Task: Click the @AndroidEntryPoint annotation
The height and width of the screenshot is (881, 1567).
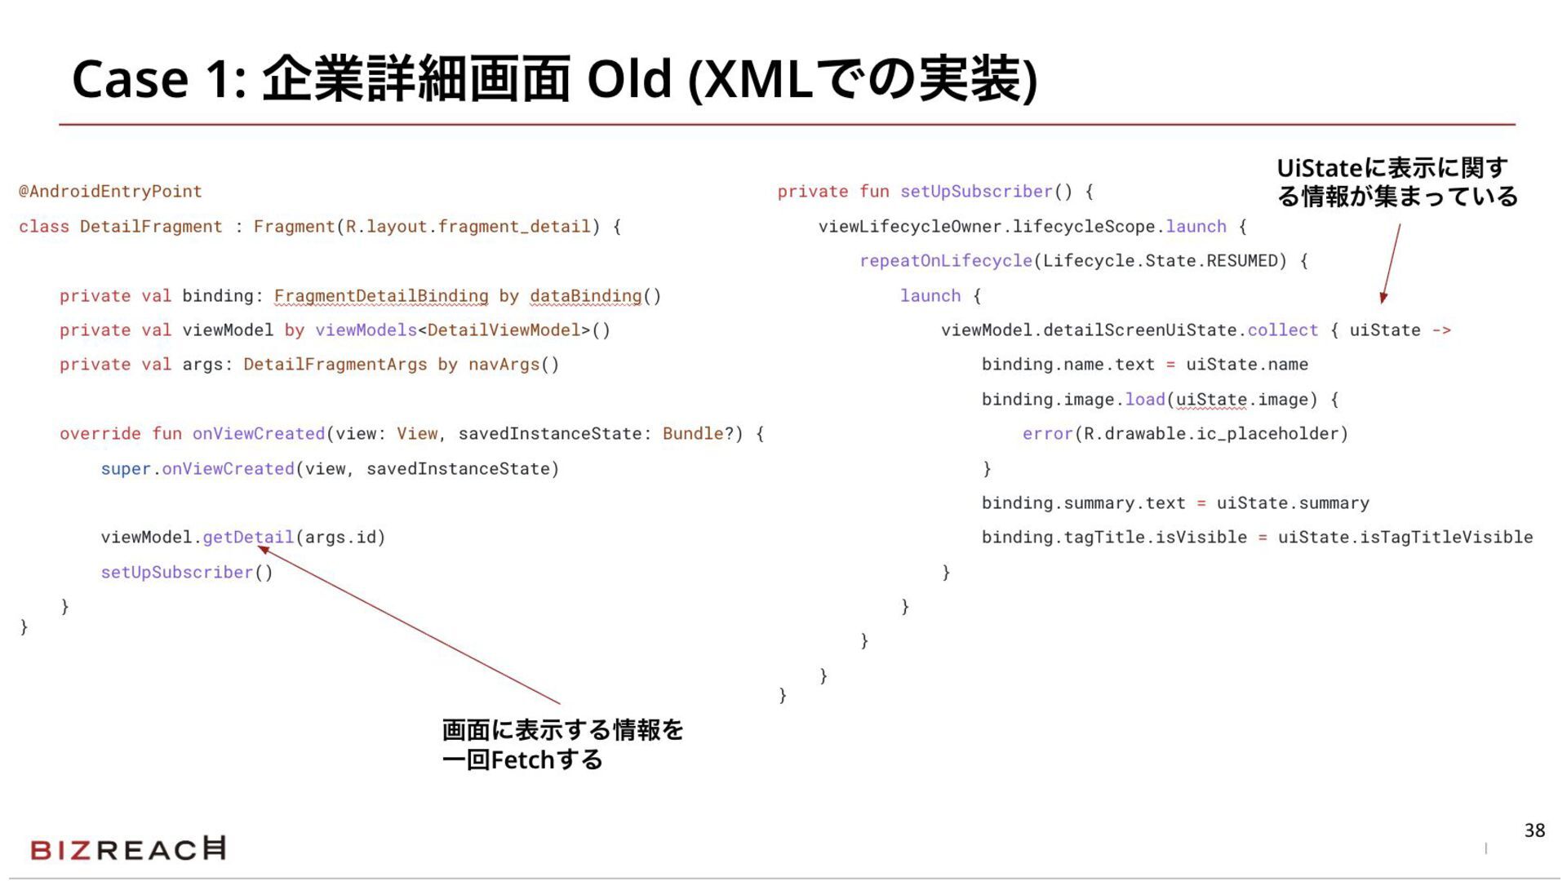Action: (x=110, y=192)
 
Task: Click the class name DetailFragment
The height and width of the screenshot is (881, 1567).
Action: (x=151, y=227)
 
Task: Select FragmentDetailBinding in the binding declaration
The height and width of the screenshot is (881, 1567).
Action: (x=381, y=296)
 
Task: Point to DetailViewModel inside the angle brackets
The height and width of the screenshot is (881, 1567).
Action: (x=504, y=330)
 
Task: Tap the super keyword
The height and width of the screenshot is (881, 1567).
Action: (x=126, y=469)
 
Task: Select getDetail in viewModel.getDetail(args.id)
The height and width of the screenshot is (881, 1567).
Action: (x=248, y=538)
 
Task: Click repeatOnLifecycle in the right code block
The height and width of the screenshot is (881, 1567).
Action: (x=946, y=261)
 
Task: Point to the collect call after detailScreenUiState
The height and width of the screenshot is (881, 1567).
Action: (x=1282, y=330)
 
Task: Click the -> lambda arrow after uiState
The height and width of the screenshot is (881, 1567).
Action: (x=1441, y=330)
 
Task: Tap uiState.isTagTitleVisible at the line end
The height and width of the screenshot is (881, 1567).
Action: (x=1405, y=538)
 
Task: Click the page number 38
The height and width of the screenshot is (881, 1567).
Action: (x=1534, y=830)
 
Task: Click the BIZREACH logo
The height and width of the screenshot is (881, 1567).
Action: (x=128, y=849)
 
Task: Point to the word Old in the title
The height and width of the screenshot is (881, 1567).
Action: (x=629, y=79)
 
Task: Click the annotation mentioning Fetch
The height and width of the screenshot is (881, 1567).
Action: (x=562, y=745)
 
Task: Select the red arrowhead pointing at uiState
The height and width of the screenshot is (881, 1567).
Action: (x=1383, y=298)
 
